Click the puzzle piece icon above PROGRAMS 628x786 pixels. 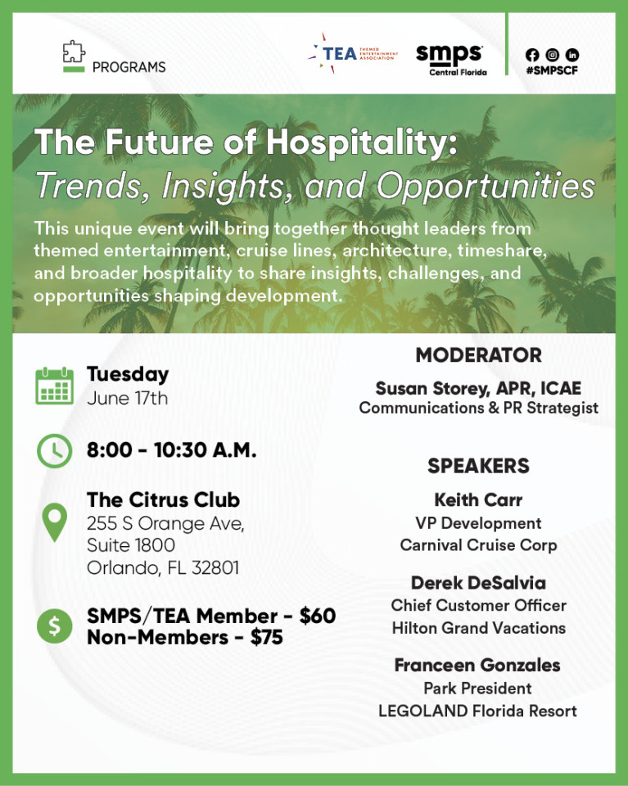pos(74,52)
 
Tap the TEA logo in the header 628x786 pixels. pos(353,53)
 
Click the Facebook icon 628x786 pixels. pos(532,55)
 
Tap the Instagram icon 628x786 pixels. pos(553,55)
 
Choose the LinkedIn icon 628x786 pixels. pos(572,55)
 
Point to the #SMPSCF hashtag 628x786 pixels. pos(552,70)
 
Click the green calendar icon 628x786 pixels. pos(55,386)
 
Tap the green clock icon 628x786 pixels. pos(55,450)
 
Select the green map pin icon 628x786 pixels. pos(55,522)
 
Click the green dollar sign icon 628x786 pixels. pos(55,626)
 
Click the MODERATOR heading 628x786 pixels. pos(479,355)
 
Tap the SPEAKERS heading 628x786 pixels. pos(479,466)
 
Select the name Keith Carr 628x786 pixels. pos(479,499)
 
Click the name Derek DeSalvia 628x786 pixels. pos(479,582)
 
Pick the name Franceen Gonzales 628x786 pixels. pos(477,665)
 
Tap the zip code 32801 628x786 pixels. pos(215,568)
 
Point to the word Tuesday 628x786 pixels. pos(128,375)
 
